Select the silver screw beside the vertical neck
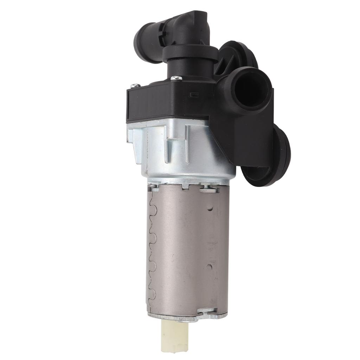178,78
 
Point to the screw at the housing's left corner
135,85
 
